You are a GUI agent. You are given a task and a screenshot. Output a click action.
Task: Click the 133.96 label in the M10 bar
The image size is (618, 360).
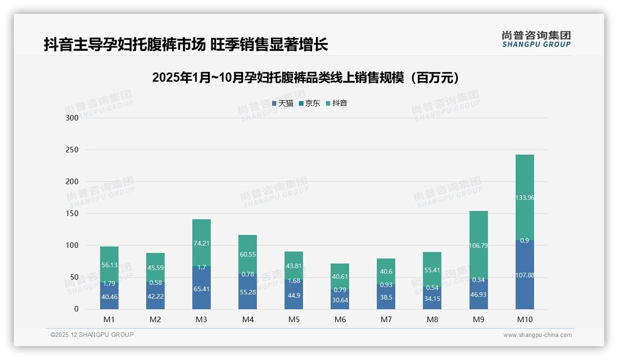click(524, 198)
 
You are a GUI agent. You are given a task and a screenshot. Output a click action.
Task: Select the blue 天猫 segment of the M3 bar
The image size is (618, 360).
click(202, 288)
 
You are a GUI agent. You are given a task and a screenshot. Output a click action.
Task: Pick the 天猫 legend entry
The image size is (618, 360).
click(282, 103)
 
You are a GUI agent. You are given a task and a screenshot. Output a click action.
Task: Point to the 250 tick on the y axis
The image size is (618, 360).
click(72, 150)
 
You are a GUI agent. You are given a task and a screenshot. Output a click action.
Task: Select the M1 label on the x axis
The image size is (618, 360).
click(109, 319)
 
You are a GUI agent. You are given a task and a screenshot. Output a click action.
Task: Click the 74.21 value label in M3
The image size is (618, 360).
click(202, 244)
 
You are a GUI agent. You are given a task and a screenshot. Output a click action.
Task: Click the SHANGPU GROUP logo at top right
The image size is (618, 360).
click(536, 39)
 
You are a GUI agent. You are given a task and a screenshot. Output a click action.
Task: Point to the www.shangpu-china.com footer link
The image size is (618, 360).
click(537, 335)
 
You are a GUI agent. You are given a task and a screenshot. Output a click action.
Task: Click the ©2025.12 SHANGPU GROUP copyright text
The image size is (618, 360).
click(92, 335)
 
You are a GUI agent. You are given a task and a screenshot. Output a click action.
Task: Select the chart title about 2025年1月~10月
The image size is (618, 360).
click(305, 78)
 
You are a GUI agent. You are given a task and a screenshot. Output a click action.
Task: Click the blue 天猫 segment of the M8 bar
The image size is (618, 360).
click(432, 299)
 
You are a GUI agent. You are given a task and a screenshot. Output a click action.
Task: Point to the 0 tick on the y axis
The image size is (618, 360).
click(77, 309)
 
